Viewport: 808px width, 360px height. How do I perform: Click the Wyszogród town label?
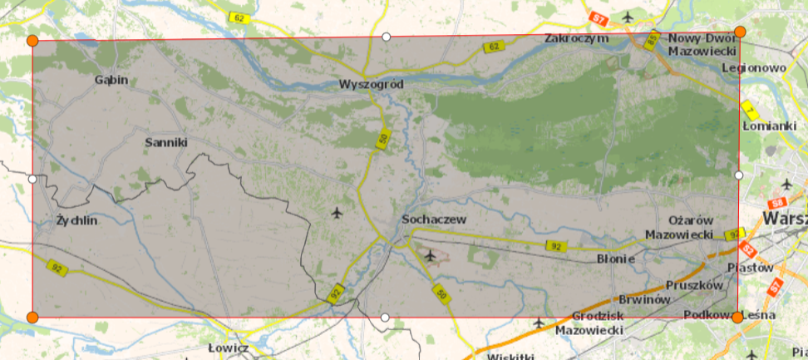tap(371, 85)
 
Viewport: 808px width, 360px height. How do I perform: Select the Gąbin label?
tap(111, 80)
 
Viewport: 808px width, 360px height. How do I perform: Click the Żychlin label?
tap(76, 221)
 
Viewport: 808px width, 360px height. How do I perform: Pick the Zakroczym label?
tap(577, 38)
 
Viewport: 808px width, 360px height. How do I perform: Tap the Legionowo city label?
tap(754, 67)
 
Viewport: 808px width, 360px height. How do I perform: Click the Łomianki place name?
tap(769, 126)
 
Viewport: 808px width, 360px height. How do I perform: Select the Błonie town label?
tap(616, 259)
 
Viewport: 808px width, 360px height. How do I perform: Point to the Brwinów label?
tap(644, 299)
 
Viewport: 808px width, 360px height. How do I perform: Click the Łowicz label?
tap(229, 348)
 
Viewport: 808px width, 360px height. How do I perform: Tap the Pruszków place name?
tap(695, 284)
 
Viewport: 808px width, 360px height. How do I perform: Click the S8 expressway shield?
tap(778, 203)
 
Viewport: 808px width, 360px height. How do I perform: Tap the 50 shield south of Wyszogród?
tap(382, 140)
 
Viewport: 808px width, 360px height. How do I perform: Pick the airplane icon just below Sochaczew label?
tap(429, 254)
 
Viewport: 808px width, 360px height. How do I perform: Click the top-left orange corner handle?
tap(32, 41)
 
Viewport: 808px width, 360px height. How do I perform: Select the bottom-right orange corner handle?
tap(737, 317)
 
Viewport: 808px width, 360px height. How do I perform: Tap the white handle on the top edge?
tap(386, 37)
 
